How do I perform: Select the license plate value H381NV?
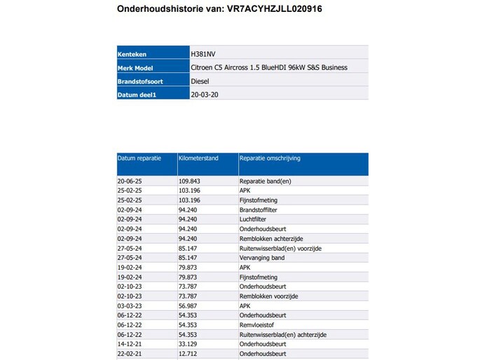(x=204, y=53)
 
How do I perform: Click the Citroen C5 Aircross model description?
(x=268, y=68)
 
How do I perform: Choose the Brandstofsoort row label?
(x=144, y=82)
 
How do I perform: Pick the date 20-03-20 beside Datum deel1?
(x=205, y=94)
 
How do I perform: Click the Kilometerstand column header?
(x=198, y=158)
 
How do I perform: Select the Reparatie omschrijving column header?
(x=270, y=158)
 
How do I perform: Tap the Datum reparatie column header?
(x=139, y=158)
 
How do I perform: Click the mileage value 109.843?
(x=189, y=181)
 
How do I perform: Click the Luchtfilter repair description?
(x=253, y=219)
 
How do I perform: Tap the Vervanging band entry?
(x=261, y=258)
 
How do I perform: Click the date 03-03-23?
(x=130, y=306)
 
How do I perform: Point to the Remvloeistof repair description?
(x=257, y=325)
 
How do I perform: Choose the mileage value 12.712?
(x=188, y=354)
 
